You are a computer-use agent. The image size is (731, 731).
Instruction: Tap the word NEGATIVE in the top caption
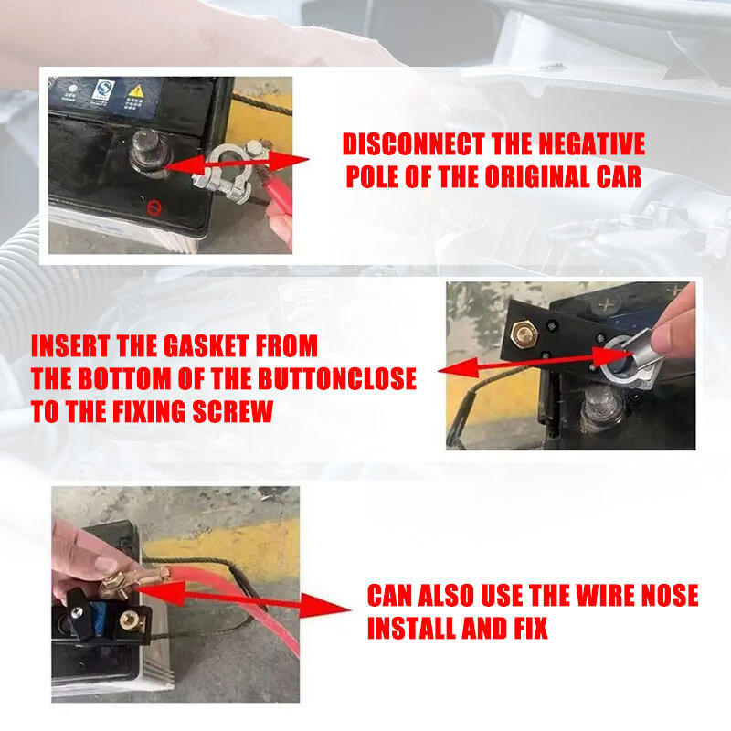(587, 145)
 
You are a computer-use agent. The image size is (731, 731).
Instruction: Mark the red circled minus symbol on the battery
(154, 207)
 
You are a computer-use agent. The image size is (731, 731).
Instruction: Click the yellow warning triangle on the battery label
(136, 92)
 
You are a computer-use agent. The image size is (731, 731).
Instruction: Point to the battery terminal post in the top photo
(146, 149)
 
